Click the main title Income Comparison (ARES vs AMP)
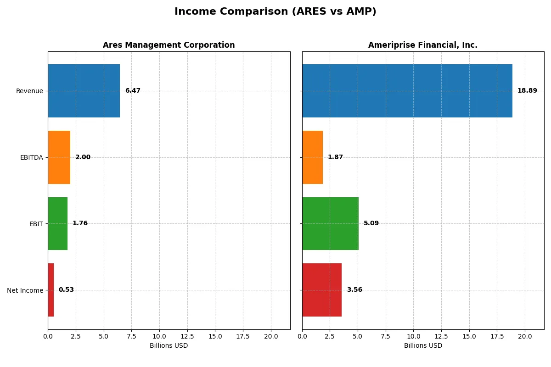(x=275, y=12)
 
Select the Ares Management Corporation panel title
(x=169, y=45)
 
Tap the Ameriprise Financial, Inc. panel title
(x=422, y=45)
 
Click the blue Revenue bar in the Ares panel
(x=84, y=91)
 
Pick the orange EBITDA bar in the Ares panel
(x=59, y=157)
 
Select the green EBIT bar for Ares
(x=57, y=223)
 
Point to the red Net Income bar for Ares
(x=51, y=290)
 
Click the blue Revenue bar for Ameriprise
(x=407, y=91)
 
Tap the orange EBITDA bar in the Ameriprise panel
(x=312, y=157)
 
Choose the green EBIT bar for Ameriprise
(x=330, y=223)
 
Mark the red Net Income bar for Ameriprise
(x=322, y=290)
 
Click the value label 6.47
(x=133, y=91)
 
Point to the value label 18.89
(x=527, y=91)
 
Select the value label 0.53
(x=66, y=290)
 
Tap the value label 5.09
(x=371, y=223)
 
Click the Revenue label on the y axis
(x=29, y=91)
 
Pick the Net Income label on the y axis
(x=25, y=290)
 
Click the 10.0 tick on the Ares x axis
(x=159, y=336)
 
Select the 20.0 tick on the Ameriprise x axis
(x=525, y=336)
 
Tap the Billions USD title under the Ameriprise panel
(x=423, y=346)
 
